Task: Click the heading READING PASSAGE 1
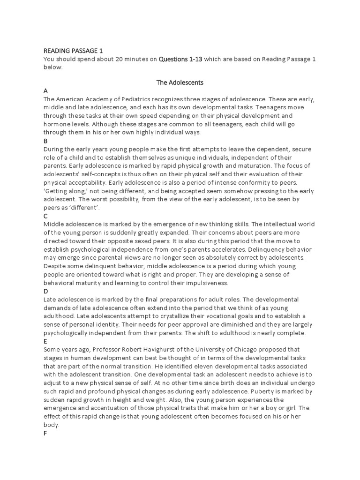[x=73, y=51]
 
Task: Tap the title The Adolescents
[x=180, y=82]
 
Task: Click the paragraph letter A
[x=45, y=91]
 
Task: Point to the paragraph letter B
[x=45, y=141]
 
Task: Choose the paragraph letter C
[x=45, y=216]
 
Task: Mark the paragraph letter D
[x=45, y=291]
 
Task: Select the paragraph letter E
[x=45, y=341]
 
